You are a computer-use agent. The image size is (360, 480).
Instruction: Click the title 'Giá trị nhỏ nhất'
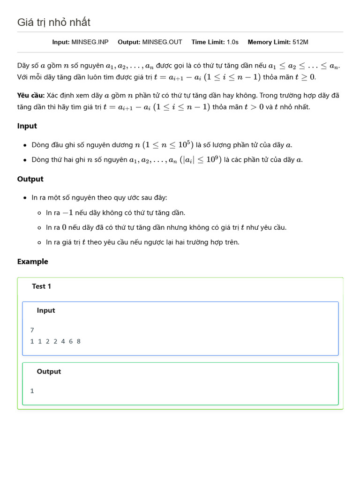point(54,22)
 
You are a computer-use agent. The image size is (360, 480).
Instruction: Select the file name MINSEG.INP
point(90,42)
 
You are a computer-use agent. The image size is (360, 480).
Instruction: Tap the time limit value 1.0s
point(232,42)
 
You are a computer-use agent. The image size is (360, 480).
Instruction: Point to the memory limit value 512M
point(300,42)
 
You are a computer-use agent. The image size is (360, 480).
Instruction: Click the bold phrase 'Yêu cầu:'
point(31,96)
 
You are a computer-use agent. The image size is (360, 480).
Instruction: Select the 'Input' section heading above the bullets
point(27,126)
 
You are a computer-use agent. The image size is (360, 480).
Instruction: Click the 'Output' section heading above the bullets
point(30,179)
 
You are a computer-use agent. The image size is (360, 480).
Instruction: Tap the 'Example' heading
point(33,262)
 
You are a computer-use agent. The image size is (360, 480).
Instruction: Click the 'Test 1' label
point(42,286)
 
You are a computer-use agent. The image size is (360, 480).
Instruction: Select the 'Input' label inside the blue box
point(46,310)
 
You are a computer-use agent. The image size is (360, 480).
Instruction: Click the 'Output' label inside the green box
point(49,371)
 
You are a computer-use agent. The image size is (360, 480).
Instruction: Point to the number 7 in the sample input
point(32,330)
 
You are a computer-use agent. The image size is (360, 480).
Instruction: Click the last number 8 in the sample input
point(78,341)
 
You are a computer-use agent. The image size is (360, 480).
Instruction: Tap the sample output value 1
point(32,391)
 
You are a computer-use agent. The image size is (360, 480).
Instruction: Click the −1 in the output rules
point(68,213)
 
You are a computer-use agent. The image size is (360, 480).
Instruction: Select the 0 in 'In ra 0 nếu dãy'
point(64,228)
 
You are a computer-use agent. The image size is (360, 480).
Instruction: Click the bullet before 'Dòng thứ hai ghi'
point(24,160)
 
